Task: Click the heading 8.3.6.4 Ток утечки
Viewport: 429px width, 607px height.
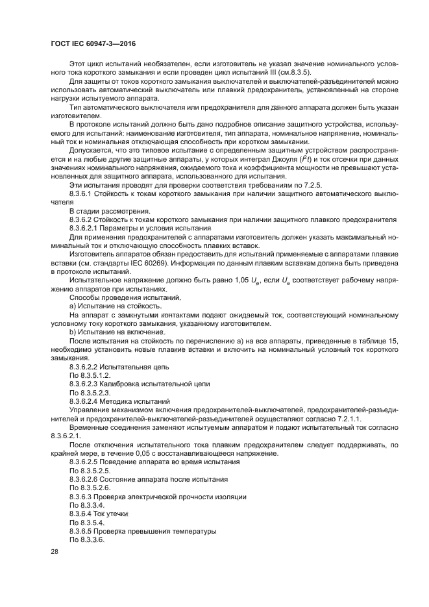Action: pos(98,513)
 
